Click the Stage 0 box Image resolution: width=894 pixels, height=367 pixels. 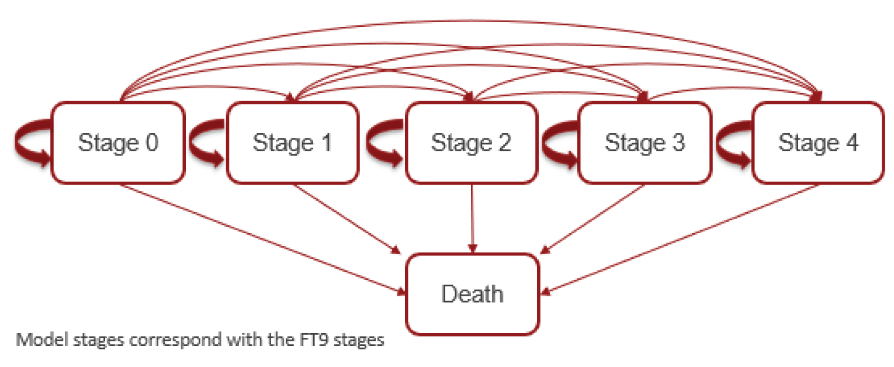[x=118, y=143]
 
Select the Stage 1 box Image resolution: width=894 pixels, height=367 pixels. [x=292, y=143]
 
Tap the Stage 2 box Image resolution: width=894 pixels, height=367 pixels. [x=471, y=143]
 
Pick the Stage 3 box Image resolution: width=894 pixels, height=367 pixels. [x=644, y=143]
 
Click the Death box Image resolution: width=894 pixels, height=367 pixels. [x=472, y=294]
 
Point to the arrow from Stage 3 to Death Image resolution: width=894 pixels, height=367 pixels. [x=593, y=219]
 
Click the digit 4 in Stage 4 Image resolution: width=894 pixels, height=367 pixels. [x=851, y=143]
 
